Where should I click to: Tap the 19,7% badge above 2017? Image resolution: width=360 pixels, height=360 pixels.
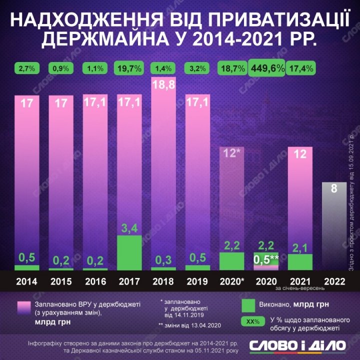129,68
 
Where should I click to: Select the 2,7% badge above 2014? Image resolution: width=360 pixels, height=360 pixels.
27,68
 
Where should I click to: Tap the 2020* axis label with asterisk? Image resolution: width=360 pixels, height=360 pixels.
231,281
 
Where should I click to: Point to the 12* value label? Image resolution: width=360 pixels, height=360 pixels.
232,153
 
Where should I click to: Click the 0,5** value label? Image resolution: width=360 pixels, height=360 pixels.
266,260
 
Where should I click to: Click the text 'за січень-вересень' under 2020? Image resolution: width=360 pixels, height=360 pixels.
300,288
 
